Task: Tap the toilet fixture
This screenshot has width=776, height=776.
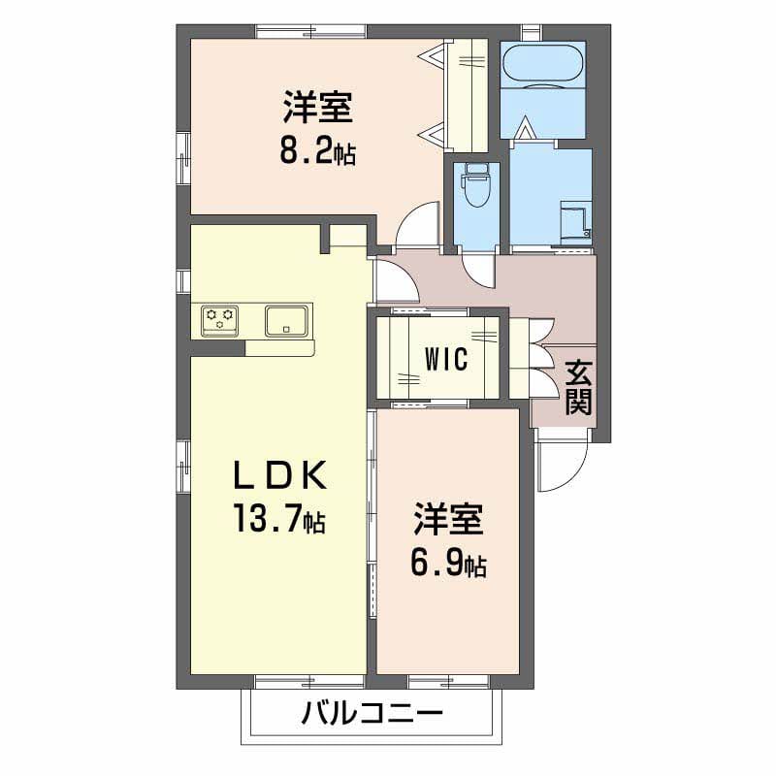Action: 475,186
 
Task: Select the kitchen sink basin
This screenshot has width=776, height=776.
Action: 286,321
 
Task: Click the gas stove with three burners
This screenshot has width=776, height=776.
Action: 220,321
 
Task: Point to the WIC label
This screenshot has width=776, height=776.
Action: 446,359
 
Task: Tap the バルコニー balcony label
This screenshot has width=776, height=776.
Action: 372,713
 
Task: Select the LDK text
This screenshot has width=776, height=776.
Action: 279,474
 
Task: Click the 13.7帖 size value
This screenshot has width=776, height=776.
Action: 279,518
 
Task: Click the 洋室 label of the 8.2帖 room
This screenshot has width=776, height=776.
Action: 318,106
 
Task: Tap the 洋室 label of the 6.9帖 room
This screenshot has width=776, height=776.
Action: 448,519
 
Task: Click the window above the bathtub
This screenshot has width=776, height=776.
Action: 532,32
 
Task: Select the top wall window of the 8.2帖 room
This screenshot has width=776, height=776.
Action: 311,31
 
